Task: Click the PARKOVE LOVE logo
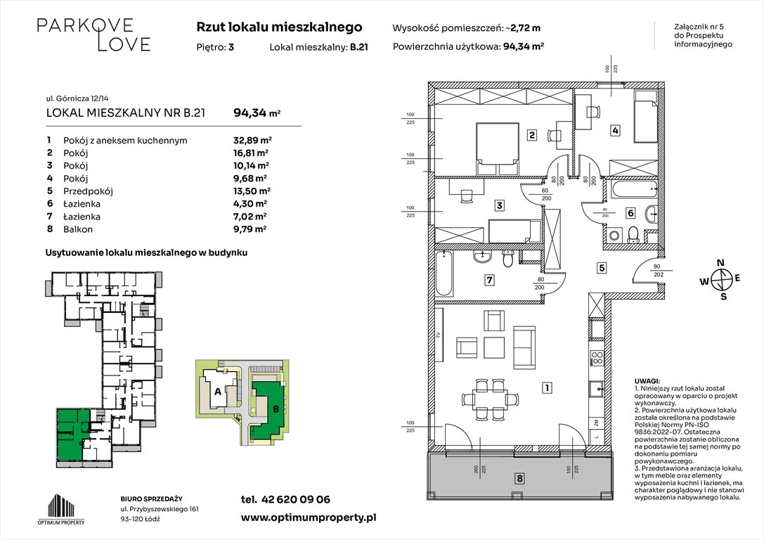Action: [x=93, y=34]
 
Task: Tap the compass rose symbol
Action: [x=720, y=279]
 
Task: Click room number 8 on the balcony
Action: [x=519, y=479]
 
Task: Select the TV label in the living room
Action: [x=439, y=335]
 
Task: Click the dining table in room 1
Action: [x=488, y=395]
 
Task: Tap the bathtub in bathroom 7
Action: [x=446, y=274]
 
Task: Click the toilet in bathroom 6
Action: [x=633, y=234]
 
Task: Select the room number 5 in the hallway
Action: [x=602, y=267]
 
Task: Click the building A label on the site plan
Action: [x=217, y=392]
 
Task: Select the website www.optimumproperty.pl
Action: [x=309, y=517]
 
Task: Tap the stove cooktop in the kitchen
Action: [x=596, y=358]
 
